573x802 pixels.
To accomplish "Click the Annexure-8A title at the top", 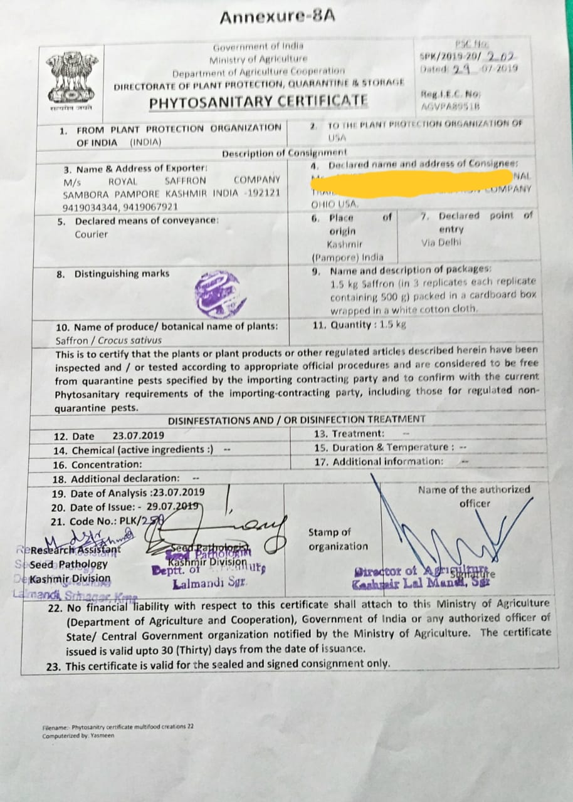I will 276,17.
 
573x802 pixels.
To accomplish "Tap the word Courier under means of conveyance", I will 92,234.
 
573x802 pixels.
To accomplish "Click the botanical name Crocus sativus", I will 134,340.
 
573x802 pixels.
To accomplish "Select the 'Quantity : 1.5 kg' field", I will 359,325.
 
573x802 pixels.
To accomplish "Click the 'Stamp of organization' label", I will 338,539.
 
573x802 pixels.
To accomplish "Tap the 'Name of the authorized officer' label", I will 474,496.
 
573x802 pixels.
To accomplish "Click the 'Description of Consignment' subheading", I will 284,153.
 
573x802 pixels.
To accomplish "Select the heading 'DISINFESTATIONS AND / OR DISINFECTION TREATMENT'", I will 297,419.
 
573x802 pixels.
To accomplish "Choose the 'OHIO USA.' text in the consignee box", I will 335,204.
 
